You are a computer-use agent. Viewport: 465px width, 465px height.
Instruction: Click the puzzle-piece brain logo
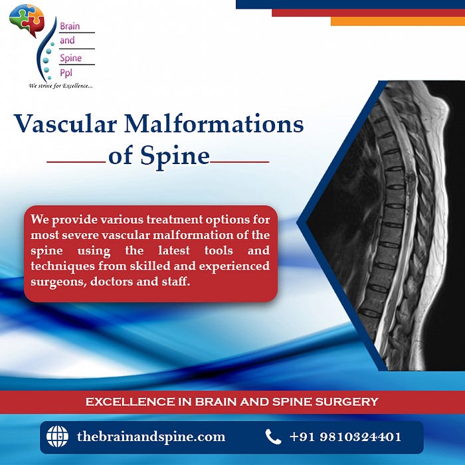pos(27,19)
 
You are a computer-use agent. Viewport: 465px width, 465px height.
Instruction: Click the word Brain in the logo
pos(70,26)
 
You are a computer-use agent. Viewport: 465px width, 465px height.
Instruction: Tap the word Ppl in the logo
pos(66,72)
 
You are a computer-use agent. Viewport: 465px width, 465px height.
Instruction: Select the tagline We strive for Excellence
pos(61,86)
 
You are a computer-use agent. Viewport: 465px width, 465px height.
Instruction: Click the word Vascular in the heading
pos(65,124)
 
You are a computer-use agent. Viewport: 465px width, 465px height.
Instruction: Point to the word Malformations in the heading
pos(214,124)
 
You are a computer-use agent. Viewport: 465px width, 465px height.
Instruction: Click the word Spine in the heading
pos(175,156)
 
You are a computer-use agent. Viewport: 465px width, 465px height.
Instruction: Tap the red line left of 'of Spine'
pos(76,162)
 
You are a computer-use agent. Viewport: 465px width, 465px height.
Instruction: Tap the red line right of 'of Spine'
pos(239,162)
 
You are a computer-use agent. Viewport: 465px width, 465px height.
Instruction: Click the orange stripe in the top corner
pos(398,21)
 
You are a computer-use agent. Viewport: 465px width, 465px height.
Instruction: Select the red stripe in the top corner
pos(368,13)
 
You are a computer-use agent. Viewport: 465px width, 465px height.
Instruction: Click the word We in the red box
pos(39,219)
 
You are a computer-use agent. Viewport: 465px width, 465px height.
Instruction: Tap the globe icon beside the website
pos(57,436)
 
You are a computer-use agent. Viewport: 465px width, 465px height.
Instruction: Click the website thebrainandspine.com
pos(151,437)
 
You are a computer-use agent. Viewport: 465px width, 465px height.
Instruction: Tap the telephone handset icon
pos(273,436)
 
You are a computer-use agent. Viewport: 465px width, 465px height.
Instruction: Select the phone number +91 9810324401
pos(345,437)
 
